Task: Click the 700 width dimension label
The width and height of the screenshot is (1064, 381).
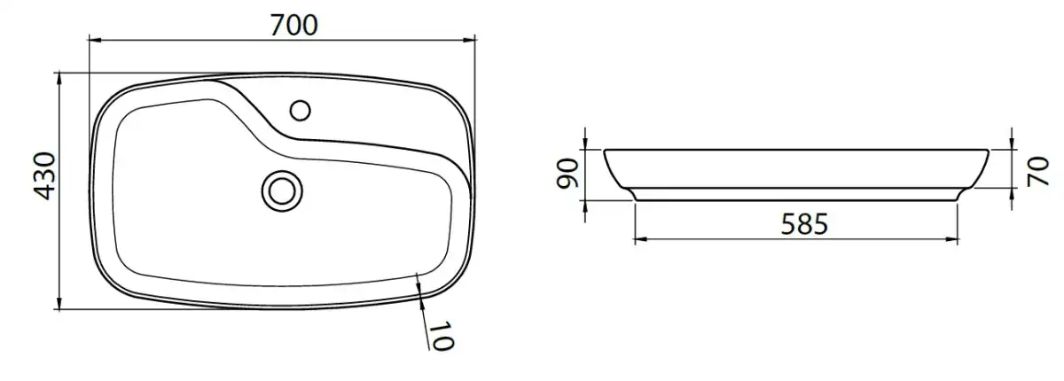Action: (294, 25)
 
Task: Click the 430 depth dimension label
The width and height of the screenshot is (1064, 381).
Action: (44, 176)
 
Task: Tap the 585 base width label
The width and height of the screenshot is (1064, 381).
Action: (805, 224)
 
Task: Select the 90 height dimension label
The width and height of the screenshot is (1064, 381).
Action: (567, 174)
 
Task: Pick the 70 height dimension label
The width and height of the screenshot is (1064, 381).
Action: (1037, 171)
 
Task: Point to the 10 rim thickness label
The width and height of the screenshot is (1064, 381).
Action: (442, 336)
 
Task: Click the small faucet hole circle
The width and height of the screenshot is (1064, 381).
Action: (301, 111)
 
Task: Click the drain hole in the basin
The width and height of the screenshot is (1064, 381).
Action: (282, 191)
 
